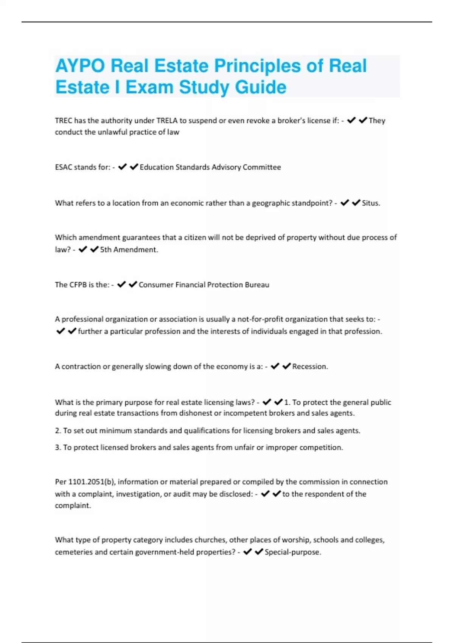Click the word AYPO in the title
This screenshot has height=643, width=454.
[x=80, y=66]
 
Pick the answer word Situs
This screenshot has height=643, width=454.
[x=371, y=203]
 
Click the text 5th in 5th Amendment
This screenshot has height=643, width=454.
[x=106, y=250]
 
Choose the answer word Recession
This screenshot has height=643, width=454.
[x=310, y=367]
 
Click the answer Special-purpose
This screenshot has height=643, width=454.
[x=292, y=552]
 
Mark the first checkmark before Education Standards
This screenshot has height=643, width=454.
[x=122, y=167]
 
